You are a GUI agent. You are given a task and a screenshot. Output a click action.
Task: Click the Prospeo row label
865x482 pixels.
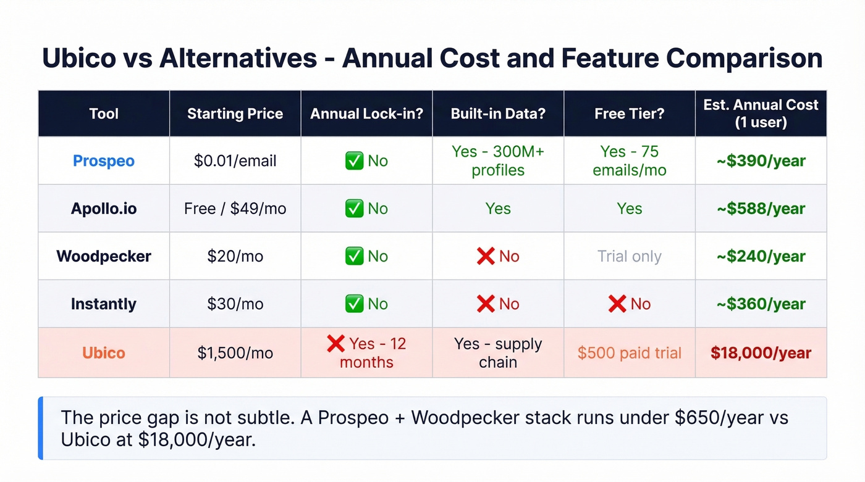coord(104,161)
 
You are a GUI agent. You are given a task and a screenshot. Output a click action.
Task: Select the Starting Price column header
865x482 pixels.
coord(235,114)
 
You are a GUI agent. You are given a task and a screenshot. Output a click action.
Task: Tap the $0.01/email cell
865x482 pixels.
coord(235,161)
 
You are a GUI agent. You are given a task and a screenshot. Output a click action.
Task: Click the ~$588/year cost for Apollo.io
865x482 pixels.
coord(761,209)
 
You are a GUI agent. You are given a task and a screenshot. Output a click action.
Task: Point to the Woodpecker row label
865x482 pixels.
coord(104,256)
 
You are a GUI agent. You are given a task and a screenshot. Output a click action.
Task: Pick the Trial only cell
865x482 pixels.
coord(629,256)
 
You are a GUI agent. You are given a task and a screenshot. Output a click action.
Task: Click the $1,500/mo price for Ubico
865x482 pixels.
coord(235,353)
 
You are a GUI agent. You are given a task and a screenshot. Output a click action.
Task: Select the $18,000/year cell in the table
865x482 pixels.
coord(761,353)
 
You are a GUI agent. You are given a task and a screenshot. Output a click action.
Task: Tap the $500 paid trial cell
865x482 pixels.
coord(629,353)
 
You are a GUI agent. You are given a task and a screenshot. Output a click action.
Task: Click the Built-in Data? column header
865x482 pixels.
coord(498,114)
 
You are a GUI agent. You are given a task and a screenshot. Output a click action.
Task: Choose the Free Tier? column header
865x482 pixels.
coord(629,114)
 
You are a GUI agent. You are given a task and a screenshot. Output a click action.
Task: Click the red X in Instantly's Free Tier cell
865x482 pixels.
coord(617,304)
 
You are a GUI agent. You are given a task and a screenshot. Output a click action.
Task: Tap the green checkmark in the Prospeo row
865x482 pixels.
coord(354,161)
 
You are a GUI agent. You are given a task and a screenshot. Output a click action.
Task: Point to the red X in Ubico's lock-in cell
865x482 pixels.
coord(335,344)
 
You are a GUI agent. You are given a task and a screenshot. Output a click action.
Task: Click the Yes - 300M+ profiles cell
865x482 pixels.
coord(498,161)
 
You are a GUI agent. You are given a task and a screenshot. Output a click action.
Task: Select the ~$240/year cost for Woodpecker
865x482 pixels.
coord(761,256)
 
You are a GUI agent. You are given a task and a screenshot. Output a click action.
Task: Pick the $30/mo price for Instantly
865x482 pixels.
coord(235,304)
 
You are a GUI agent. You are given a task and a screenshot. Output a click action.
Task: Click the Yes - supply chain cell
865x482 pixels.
coord(498,353)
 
